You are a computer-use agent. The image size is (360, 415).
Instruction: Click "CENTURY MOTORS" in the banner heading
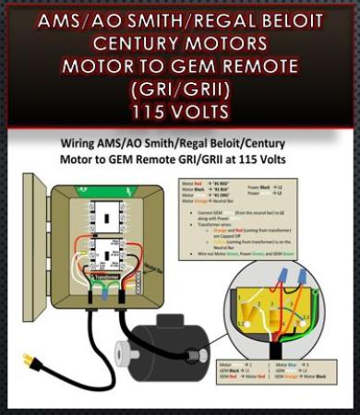coord(180,44)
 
